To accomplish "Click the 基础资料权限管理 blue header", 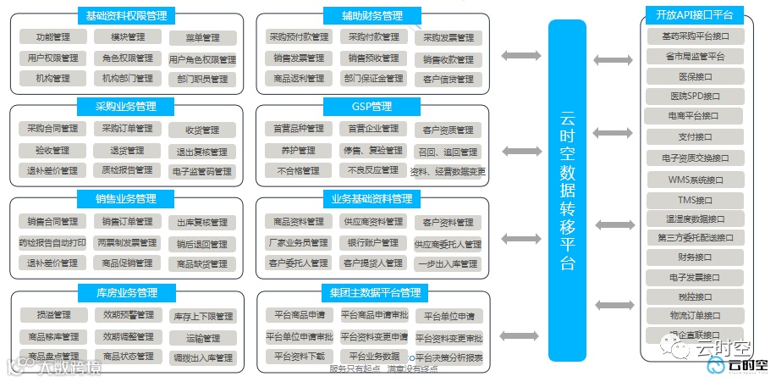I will [x=126, y=15].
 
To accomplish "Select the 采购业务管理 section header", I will [x=126, y=107].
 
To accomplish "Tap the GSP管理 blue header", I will [x=371, y=107].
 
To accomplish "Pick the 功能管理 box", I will [x=52, y=37].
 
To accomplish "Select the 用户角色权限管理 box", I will [x=202, y=59].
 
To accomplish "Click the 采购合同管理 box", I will [x=52, y=129].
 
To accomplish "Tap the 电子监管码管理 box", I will [x=201, y=171].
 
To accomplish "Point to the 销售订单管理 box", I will [x=127, y=222].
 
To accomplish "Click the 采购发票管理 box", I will [x=448, y=38].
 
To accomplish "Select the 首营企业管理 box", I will [x=372, y=129].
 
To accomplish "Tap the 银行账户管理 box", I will [x=372, y=243].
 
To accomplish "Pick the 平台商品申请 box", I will [x=297, y=315].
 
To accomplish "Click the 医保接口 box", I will [x=695, y=76].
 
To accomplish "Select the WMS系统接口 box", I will [x=695, y=180].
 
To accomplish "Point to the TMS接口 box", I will [x=695, y=201].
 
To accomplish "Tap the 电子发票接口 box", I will [x=695, y=277].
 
